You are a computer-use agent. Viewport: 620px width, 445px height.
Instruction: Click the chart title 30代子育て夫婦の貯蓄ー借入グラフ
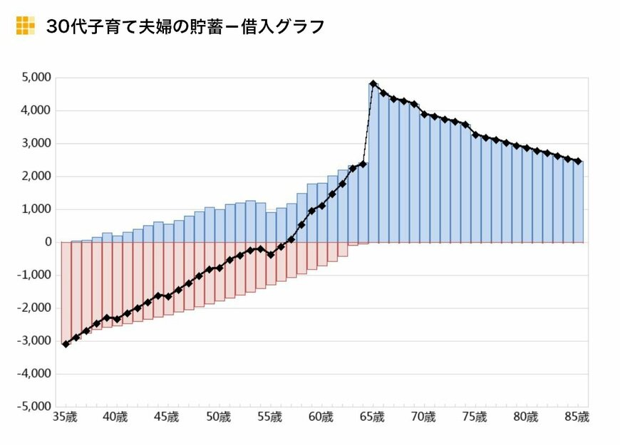coord(185,26)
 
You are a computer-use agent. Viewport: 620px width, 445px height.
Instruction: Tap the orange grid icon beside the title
coord(25,26)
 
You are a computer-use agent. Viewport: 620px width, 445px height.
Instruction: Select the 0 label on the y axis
coord(48,243)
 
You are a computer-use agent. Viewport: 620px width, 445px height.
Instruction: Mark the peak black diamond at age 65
coord(373,84)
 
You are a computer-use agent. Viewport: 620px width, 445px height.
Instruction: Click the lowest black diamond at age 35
coord(66,344)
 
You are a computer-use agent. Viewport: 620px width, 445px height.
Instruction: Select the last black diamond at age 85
coord(578,162)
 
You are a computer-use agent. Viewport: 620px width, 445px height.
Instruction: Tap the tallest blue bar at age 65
coord(373,164)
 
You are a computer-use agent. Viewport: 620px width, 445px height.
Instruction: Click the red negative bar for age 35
coord(66,292)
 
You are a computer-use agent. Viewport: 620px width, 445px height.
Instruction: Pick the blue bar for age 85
coord(578,202)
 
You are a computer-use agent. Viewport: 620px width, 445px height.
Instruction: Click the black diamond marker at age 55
coord(271,254)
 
